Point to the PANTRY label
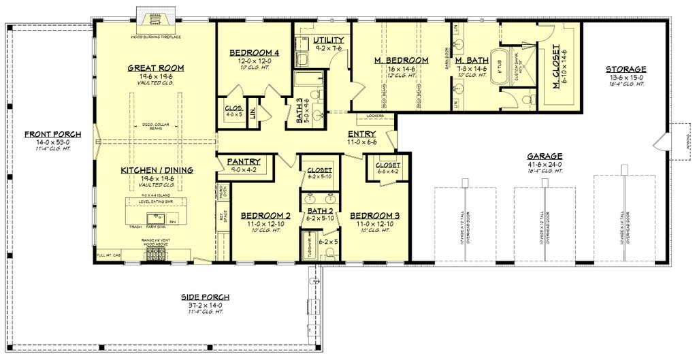coord(244,162)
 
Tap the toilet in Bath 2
coord(330,253)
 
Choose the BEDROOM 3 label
coord(374,216)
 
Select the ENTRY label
coord(362,134)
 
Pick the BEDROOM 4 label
coord(254,52)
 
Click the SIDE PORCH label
coord(205,297)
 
